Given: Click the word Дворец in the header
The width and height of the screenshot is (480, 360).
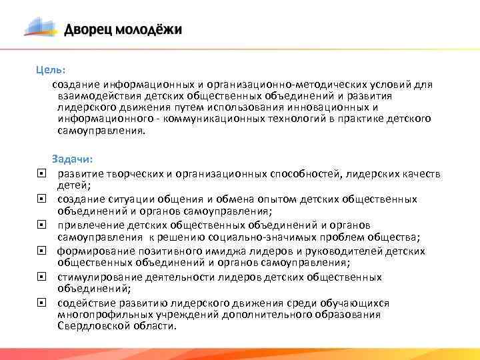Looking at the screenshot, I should pos(89,30).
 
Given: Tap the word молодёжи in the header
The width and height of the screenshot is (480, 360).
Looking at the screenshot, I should pos(148,30).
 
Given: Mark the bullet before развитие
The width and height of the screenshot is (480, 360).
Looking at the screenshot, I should pos(41,173).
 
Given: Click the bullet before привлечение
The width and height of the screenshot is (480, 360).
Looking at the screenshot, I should pos(41,225).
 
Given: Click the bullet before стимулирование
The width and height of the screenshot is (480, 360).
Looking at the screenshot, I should pos(41,277).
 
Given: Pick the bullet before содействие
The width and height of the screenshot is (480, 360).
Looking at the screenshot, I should pos(41,303).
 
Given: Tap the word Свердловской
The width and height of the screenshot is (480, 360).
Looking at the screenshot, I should pos(90,326).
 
